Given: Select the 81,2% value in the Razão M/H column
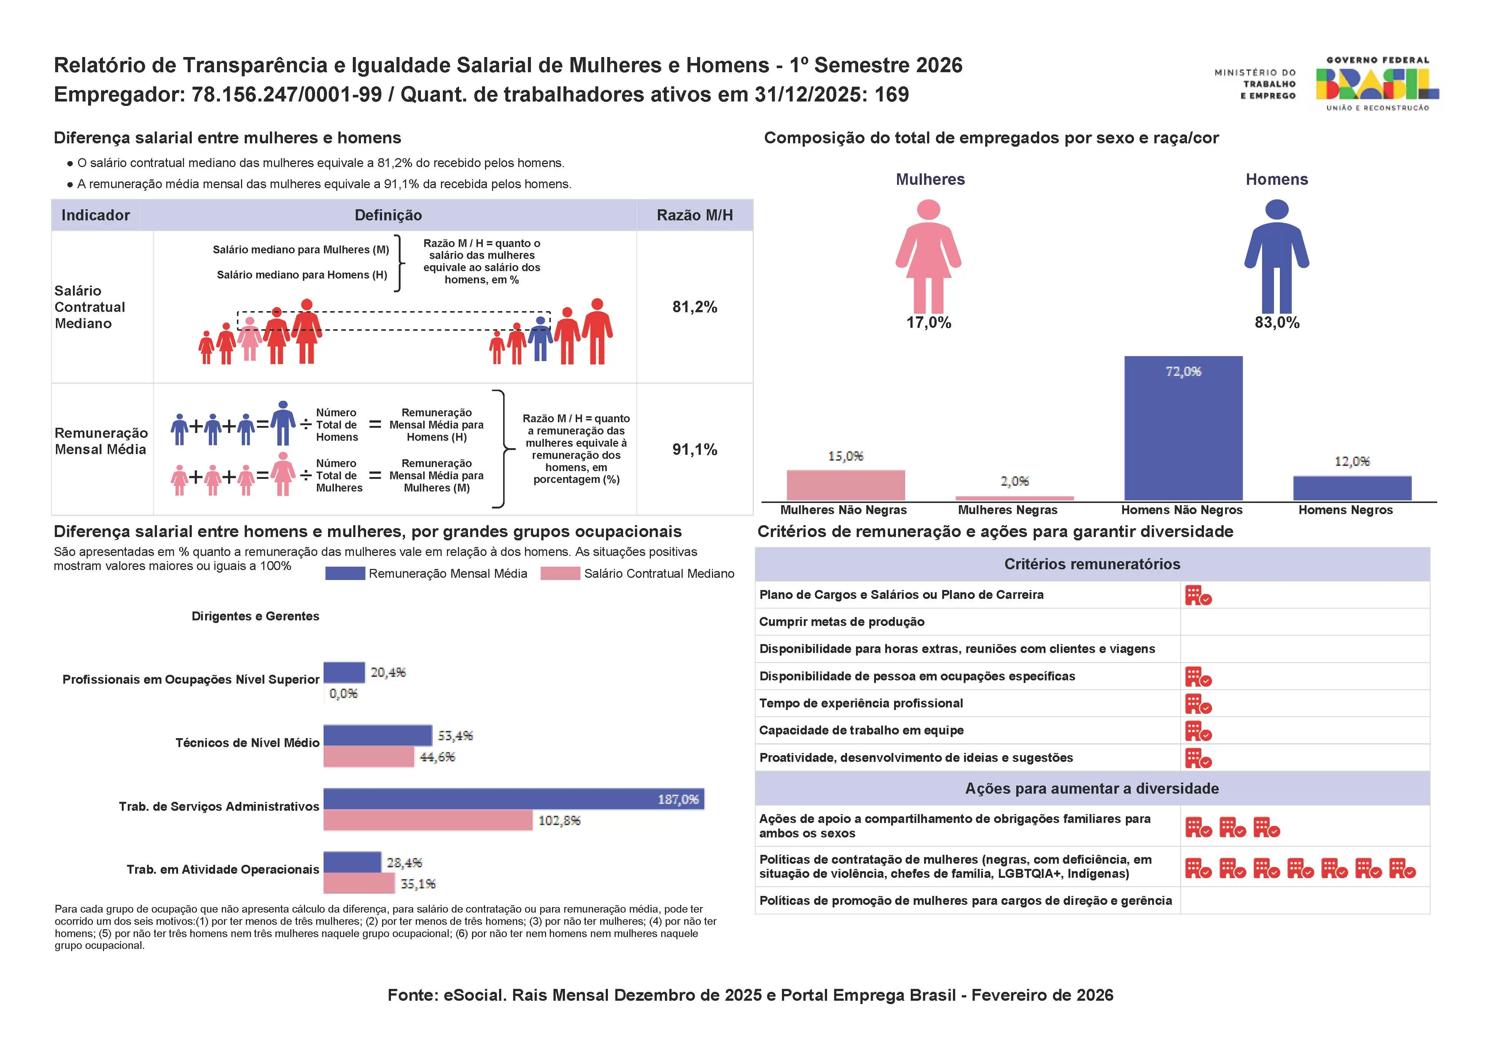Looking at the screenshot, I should coord(694,307).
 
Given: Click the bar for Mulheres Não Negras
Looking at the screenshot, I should coord(846,485).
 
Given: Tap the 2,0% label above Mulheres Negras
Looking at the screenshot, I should coord(1014,481).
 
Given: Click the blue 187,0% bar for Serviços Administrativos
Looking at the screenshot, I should coord(513,799).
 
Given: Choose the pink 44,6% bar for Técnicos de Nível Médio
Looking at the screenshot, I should coord(368,757).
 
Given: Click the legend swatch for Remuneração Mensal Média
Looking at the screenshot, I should coord(345,573).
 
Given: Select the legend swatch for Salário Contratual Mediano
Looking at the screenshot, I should coord(560,573).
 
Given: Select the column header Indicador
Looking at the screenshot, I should coord(96,215).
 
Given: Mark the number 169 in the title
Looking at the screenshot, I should coord(891,95).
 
